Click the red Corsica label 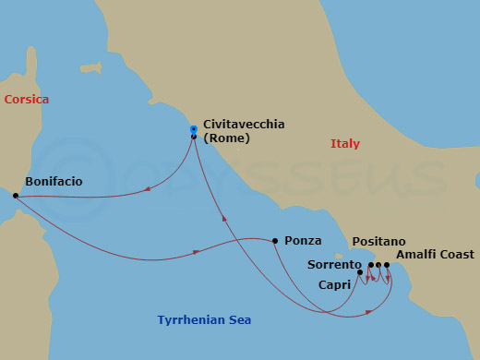[x=26, y=99]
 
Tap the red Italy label [x=345, y=144]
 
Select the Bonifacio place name [x=54, y=182]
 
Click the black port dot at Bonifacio [x=16, y=196]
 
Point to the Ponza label [x=303, y=240]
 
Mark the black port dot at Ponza [x=275, y=241]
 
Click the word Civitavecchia [x=244, y=124]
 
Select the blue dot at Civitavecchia [x=193, y=128]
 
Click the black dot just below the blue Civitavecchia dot [x=193, y=137]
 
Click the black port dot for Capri [x=360, y=272]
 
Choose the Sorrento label [x=333, y=265]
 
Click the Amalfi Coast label [x=434, y=254]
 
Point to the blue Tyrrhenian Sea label [x=203, y=320]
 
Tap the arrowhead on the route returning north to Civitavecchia [x=223, y=219]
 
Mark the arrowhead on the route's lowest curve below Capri [x=368, y=312]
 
